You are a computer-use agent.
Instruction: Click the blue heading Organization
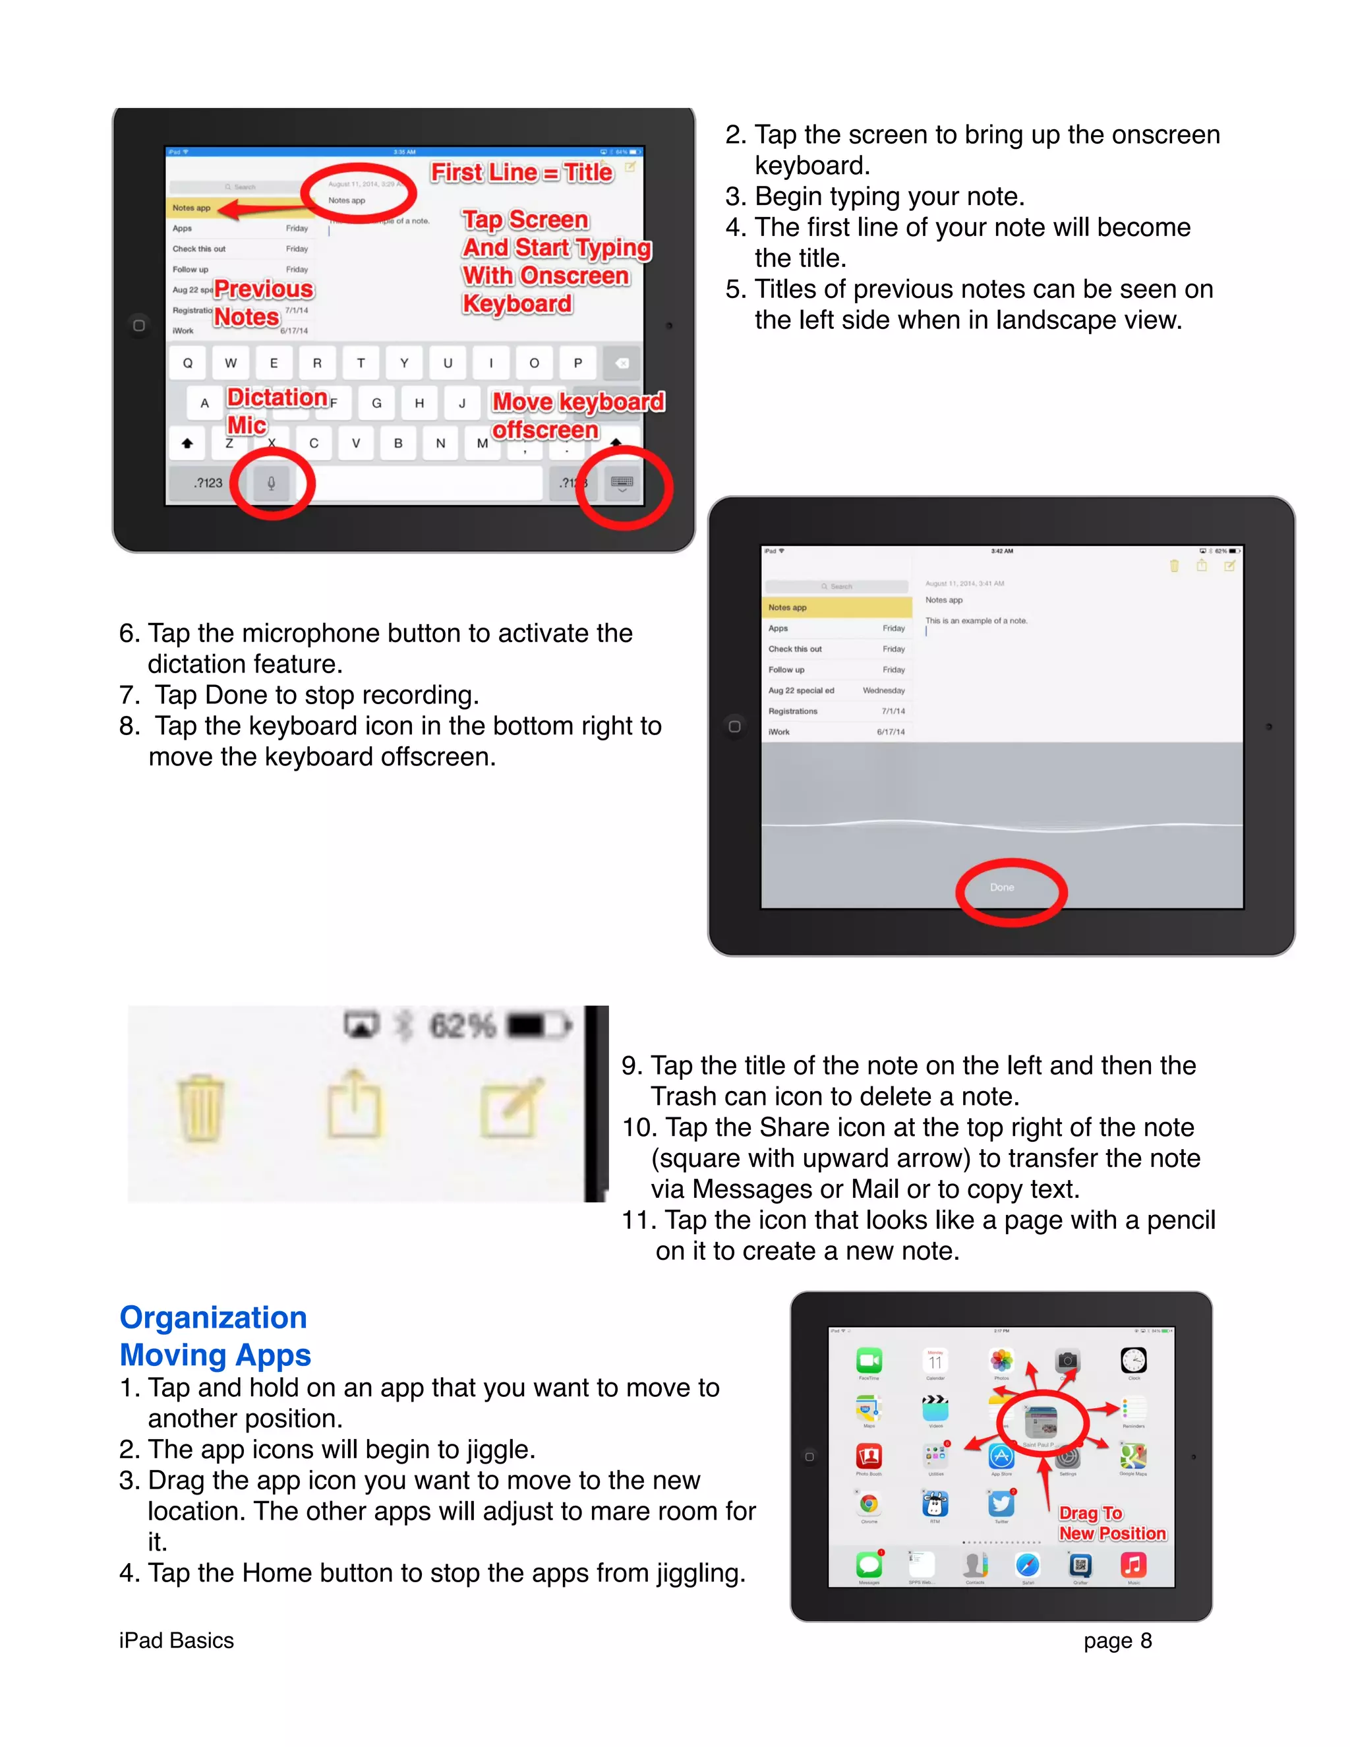point(213,1317)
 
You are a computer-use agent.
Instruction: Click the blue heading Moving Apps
point(214,1355)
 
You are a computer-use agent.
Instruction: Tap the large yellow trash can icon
point(200,1108)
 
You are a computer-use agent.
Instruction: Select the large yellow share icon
point(354,1104)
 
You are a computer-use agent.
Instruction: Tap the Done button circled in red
point(1002,887)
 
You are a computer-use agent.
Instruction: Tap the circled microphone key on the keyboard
point(271,483)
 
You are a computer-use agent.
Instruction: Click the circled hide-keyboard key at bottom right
point(622,483)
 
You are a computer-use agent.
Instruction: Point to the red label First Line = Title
point(521,172)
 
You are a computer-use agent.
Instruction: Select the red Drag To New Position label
point(1111,1523)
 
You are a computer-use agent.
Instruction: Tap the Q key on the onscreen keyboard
point(188,363)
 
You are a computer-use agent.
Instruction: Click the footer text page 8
point(1117,1641)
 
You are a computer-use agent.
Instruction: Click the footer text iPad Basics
point(176,1641)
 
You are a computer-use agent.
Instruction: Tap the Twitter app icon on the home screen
point(1001,1504)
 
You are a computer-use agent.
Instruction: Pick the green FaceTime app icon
point(869,1360)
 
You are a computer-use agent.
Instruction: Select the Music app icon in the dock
point(1133,1564)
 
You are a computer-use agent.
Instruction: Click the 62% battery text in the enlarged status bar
point(462,1026)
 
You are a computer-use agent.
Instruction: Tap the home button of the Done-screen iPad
point(734,726)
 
